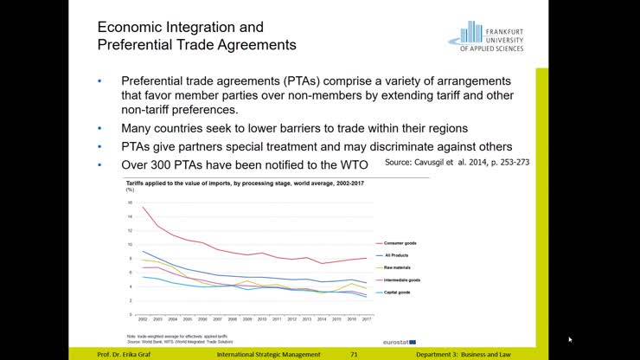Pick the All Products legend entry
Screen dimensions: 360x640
click(x=396, y=256)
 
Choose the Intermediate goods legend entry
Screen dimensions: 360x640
click(x=401, y=280)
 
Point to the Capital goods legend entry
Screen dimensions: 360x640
click(x=397, y=292)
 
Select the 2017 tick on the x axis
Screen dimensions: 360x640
click(x=367, y=319)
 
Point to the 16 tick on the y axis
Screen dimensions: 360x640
click(x=130, y=203)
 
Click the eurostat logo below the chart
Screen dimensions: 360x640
click(x=400, y=342)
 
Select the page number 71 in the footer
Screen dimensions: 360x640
click(x=354, y=354)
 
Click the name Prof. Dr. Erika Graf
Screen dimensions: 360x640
click(x=126, y=354)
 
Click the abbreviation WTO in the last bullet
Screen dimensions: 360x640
click(x=353, y=164)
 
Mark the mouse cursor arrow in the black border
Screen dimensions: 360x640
click(x=570, y=339)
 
